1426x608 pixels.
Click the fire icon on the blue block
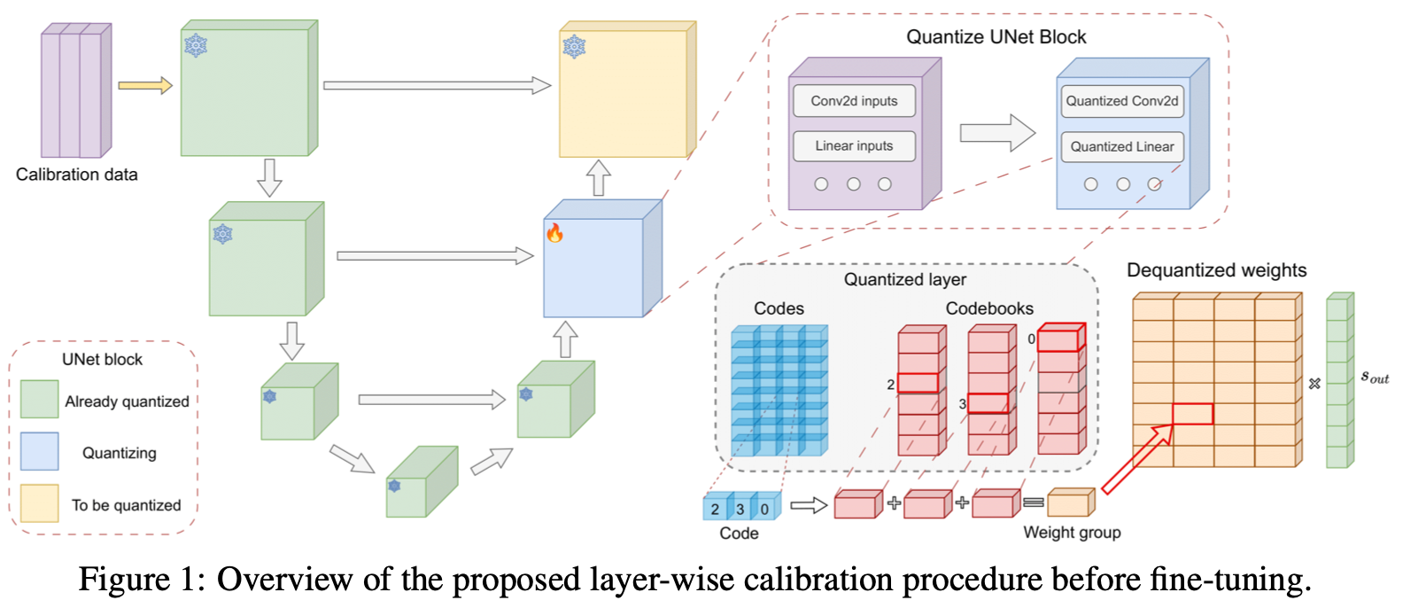554,233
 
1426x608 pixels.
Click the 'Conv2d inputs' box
854,101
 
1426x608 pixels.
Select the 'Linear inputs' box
854,146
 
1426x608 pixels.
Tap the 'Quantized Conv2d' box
1121,101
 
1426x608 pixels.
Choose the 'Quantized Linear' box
1121,146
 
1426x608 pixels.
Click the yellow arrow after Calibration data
145,86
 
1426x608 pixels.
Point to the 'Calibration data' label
77,175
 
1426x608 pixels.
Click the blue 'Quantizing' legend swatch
40,452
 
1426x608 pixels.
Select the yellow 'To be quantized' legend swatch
40,503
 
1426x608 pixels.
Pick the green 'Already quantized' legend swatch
40,400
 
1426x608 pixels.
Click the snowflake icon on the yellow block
574,47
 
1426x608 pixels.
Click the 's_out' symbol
1374,377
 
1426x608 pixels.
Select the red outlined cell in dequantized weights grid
1192,414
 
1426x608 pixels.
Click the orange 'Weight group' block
1069,503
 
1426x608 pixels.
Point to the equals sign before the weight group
1033,503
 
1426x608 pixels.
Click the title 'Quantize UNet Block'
996,37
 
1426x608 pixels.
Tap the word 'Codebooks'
988,308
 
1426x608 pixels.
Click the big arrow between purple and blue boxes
997,134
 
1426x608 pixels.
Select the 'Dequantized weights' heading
1216,270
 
